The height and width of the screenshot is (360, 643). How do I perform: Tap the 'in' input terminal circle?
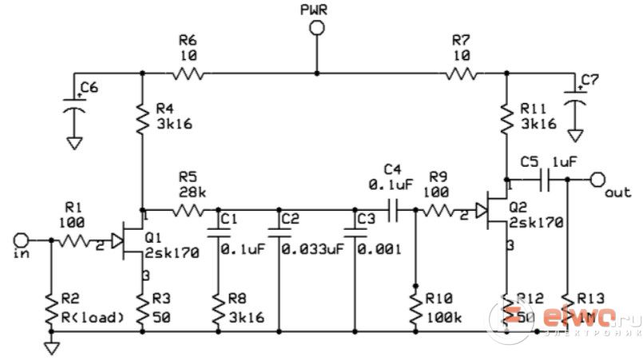point(22,239)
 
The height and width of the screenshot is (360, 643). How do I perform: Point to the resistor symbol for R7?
point(461,73)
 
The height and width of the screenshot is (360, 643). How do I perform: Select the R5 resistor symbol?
point(188,211)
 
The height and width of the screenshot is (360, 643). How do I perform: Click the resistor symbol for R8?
point(217,307)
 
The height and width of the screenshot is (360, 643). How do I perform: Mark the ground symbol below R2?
point(52,348)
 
